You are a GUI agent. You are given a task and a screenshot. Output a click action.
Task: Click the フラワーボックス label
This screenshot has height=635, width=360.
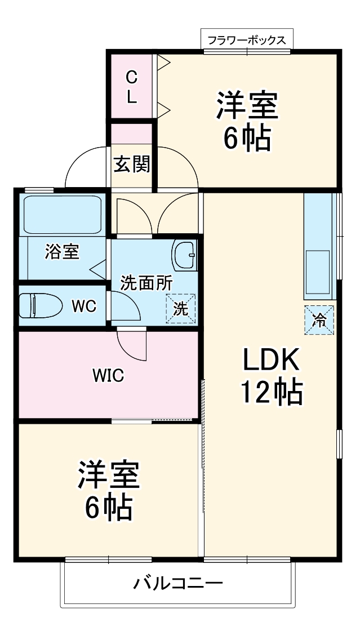click(247, 40)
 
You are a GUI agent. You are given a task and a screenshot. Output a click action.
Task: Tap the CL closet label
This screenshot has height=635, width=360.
click(131, 86)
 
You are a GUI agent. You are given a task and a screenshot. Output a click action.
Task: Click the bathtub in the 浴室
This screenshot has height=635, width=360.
click(63, 214)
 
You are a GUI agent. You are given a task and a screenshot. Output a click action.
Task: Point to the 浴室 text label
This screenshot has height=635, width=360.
click(61, 252)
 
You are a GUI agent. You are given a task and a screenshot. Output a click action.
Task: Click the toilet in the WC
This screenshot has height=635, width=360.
click(41, 306)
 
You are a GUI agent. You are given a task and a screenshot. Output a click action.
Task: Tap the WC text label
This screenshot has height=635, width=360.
click(83, 307)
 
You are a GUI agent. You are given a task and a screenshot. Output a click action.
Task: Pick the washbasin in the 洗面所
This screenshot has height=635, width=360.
click(184, 255)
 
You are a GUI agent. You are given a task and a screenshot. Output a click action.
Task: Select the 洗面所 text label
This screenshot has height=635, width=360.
click(147, 283)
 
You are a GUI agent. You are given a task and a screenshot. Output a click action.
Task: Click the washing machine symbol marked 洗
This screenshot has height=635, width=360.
click(180, 309)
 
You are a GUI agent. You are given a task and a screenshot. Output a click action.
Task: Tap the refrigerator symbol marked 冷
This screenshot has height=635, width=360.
click(319, 320)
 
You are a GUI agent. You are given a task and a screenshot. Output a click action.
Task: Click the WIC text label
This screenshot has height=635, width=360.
click(108, 375)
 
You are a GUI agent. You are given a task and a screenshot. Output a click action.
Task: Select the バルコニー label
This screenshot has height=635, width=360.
click(177, 583)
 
